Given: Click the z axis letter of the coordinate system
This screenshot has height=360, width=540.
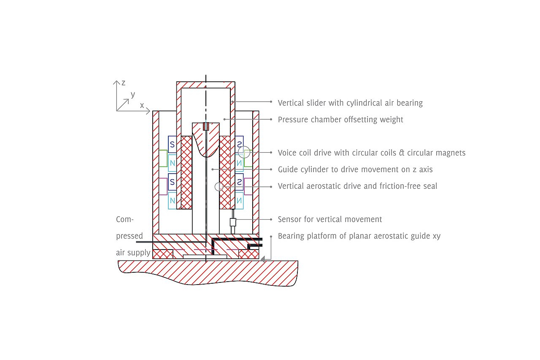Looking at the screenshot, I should pyautogui.click(x=123, y=83).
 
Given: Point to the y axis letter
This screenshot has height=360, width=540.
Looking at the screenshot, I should pyautogui.click(x=133, y=94).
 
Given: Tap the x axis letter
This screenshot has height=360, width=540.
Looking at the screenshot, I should pyautogui.click(x=142, y=105).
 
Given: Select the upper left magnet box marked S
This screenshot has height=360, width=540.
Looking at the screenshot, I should pyautogui.click(x=172, y=144).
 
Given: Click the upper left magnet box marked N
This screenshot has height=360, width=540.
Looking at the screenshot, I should pyautogui.click(x=172, y=163).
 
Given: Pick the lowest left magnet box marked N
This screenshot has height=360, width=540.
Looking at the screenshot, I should pyautogui.click(x=172, y=201).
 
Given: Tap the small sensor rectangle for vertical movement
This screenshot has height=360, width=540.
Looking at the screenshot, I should pyautogui.click(x=232, y=222).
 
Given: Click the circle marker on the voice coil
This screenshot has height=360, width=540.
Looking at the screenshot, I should pyautogui.click(x=244, y=153).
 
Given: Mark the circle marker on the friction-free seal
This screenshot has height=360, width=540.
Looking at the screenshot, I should pyautogui.click(x=219, y=186).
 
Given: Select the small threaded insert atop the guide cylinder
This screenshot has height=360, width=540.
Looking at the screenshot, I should pyautogui.click(x=206, y=126).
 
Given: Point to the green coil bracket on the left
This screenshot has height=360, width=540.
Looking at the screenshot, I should pyautogui.click(x=162, y=158).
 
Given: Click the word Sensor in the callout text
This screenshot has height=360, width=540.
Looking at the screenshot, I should pyautogui.click(x=290, y=220).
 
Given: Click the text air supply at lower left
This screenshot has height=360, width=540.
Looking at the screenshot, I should pyautogui.click(x=133, y=253).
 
